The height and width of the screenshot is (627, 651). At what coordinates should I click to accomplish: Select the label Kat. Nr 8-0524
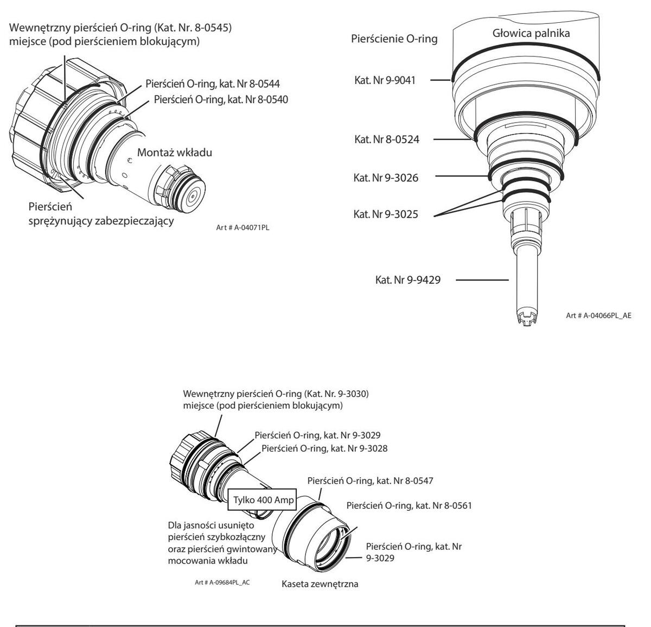[386, 140]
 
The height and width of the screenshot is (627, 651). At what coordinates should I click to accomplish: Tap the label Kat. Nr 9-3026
[386, 178]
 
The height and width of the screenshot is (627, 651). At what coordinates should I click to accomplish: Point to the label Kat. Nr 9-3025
[386, 214]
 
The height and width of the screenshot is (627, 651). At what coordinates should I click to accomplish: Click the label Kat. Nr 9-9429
[407, 281]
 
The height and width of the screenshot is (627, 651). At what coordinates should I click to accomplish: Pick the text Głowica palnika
[524, 33]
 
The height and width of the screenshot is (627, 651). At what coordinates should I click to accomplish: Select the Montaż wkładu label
[174, 153]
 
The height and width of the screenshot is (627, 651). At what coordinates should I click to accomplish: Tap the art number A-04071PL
[242, 228]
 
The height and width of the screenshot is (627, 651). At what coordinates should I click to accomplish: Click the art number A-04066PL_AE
[598, 315]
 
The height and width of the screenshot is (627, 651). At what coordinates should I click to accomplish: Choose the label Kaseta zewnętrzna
[320, 585]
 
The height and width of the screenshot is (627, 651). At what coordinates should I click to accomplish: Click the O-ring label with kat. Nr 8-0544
[213, 84]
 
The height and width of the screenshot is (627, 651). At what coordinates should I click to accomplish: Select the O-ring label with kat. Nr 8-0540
[221, 100]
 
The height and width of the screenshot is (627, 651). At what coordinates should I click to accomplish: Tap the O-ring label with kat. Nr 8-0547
[370, 480]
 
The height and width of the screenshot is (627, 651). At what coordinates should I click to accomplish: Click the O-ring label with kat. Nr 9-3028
[324, 448]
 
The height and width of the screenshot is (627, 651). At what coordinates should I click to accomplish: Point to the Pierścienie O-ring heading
[394, 39]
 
